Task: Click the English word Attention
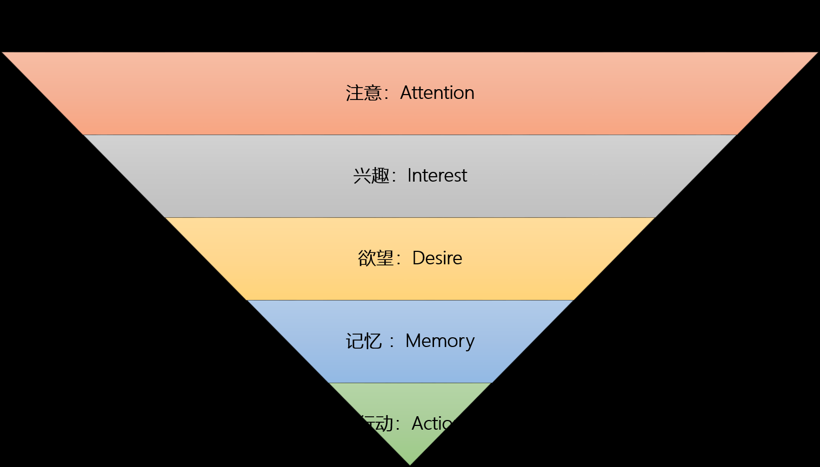(437, 93)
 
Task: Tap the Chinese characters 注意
(364, 93)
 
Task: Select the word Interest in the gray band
(437, 176)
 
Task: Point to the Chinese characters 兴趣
(371, 176)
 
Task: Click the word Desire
(437, 258)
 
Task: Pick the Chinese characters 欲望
(376, 258)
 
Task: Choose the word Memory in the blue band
(440, 341)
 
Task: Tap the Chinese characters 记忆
(364, 342)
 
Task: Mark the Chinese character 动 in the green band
(385, 424)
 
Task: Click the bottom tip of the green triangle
(410, 464)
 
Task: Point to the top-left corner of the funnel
(3, 53)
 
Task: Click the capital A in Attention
(406, 93)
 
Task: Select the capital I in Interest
(410, 176)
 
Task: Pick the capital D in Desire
(418, 258)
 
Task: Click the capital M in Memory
(414, 341)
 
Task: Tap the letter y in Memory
(470, 343)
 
